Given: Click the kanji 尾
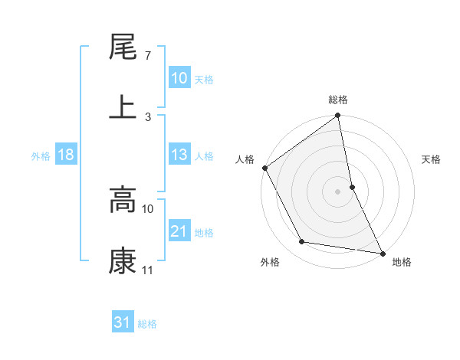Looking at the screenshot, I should [x=123, y=47].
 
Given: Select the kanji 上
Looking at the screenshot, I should [x=123, y=107].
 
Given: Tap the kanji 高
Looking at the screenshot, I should [x=123, y=201].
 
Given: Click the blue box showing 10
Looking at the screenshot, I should [x=179, y=78].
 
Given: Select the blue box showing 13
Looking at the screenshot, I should [x=179, y=155].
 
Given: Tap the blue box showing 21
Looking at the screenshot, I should [x=179, y=231].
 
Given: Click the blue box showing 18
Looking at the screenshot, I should [x=66, y=155].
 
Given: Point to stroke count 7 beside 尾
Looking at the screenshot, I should [x=147, y=56].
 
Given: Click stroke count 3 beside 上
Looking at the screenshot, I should [x=148, y=116].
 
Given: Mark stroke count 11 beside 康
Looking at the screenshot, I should [x=148, y=270].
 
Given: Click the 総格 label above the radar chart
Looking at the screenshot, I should [x=338, y=100].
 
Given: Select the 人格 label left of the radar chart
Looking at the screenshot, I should [x=245, y=159].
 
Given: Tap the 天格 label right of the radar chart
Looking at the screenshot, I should [x=431, y=159].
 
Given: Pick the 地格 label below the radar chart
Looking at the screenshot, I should [x=402, y=262].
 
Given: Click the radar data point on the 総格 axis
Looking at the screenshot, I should [x=338, y=116].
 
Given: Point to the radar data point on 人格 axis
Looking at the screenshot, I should [x=265, y=168].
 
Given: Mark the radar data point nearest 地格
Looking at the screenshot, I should [x=382, y=252].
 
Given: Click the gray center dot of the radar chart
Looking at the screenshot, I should [x=338, y=191].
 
